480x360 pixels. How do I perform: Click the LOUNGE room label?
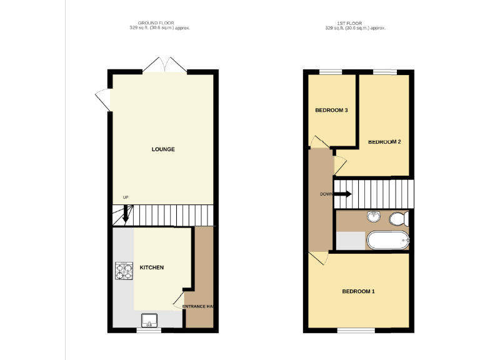point(163,149)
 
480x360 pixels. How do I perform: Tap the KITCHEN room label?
point(151,267)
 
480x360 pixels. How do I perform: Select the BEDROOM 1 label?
point(358,292)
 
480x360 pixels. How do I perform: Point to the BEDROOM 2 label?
point(384,142)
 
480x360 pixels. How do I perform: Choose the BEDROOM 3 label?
point(331,111)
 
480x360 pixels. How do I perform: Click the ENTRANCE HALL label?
point(198,306)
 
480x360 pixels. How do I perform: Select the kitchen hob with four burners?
point(123,271)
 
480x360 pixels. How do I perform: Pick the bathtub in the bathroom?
point(387,240)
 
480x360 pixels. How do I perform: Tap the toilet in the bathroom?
point(398,219)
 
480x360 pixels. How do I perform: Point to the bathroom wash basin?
point(374,216)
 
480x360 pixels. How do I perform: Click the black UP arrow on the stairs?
point(126,215)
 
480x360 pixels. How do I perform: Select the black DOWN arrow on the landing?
point(343,194)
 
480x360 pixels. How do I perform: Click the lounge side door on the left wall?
point(103,101)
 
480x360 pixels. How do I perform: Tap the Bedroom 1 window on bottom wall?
point(356,329)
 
